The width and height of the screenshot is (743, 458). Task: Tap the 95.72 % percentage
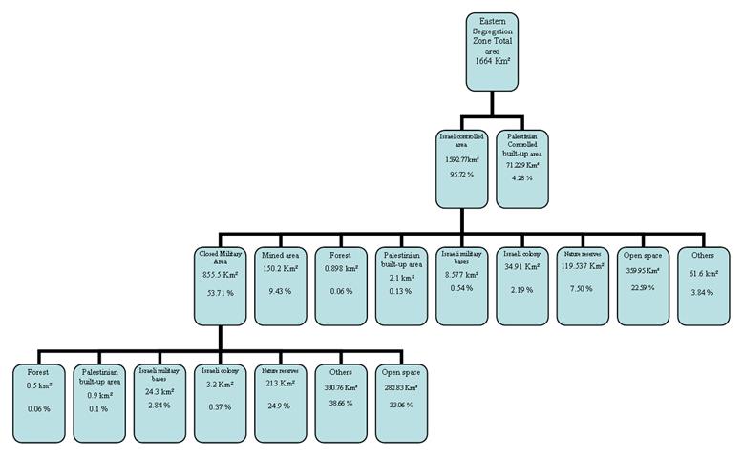tap(463, 176)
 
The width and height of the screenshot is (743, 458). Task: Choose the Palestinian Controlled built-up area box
tap(523, 166)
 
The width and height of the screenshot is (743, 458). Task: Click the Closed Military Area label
tap(221, 257)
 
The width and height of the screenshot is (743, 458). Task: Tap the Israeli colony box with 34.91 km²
tap(524, 283)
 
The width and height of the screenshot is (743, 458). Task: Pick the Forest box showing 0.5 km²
tap(39, 401)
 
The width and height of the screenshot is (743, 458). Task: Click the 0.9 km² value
tap(100, 394)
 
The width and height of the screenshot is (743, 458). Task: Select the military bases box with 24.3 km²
tap(159, 401)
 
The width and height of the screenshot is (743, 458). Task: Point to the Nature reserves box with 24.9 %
tap(281, 401)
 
